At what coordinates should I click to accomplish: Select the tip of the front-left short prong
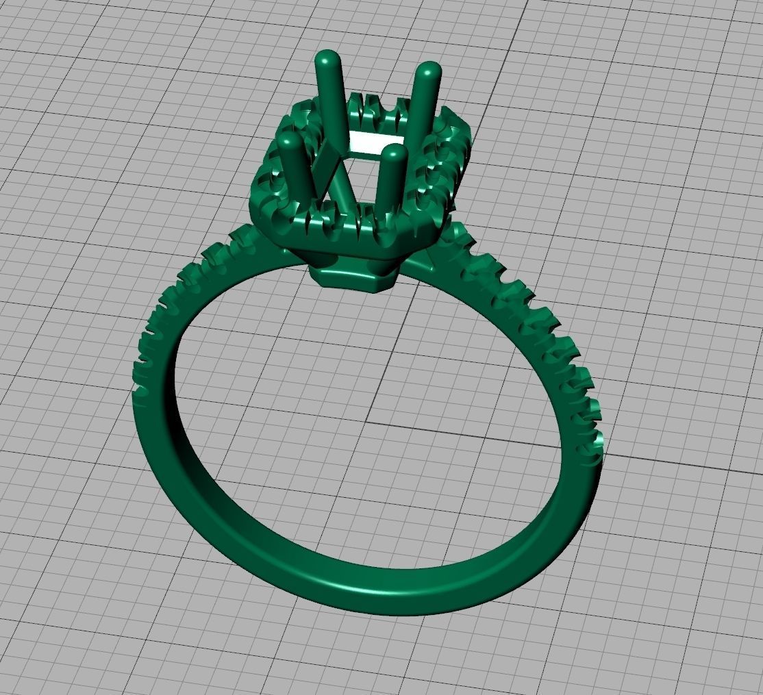coord(289,140)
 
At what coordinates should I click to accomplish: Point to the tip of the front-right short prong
coord(394,151)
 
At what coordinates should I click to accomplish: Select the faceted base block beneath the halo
coord(355,277)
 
